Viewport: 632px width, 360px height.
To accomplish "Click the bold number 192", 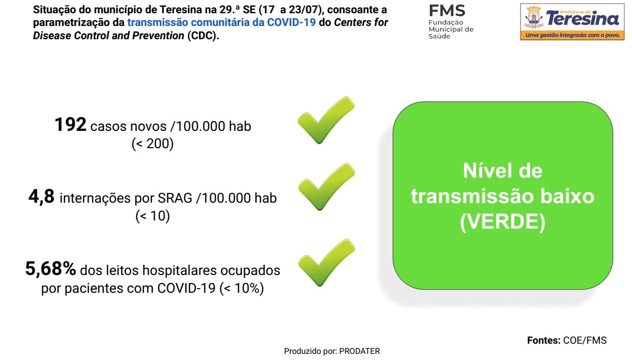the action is (70, 125).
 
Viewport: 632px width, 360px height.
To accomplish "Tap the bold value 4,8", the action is (41, 197).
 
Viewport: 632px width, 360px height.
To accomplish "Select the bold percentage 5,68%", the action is (50, 268).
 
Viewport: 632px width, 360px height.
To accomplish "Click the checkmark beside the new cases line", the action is (326, 120).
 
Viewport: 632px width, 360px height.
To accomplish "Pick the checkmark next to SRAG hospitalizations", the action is (327, 187).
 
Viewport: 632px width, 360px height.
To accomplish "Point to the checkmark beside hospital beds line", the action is (327, 263).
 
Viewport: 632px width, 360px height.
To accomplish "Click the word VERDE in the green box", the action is (503, 222).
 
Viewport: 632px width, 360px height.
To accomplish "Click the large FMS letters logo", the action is (447, 11).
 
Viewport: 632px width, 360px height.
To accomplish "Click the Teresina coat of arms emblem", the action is (533, 17).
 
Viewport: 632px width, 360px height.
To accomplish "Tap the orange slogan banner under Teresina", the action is (572, 35).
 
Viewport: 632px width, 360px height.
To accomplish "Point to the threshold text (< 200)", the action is (152, 144).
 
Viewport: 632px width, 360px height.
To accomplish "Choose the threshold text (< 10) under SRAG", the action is (153, 216).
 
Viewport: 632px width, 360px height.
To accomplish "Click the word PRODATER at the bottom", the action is (359, 351).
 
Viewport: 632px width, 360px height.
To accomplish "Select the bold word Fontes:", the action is (543, 340).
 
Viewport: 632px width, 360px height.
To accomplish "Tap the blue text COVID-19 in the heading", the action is (291, 22).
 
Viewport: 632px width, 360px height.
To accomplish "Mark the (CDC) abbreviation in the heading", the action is (203, 36).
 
